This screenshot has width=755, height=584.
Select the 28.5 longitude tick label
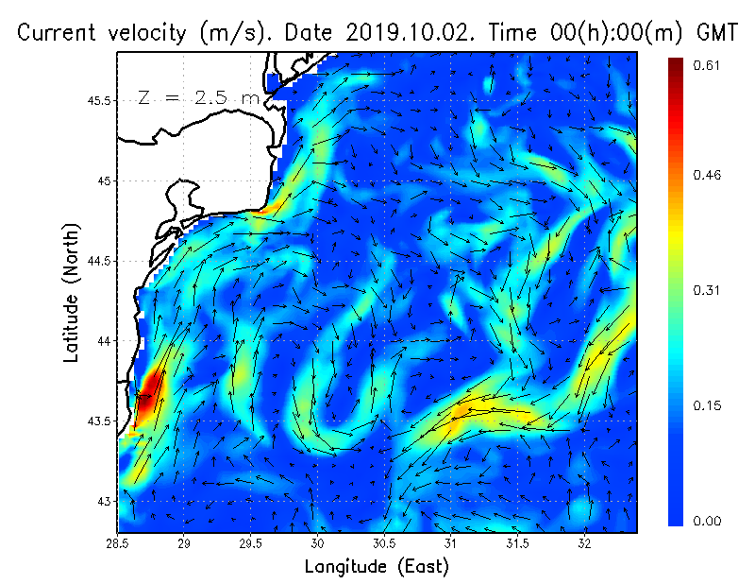point(117,544)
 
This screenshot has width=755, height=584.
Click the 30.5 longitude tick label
point(384,544)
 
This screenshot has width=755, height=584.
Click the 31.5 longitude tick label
point(517,544)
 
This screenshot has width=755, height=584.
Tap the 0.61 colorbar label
point(708,65)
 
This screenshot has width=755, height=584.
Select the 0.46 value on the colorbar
point(708,176)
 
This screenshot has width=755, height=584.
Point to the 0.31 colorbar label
point(708,290)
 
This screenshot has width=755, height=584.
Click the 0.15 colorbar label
point(708,405)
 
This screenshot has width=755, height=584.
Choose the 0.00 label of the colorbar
point(708,521)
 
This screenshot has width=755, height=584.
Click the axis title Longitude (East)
point(377,567)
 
